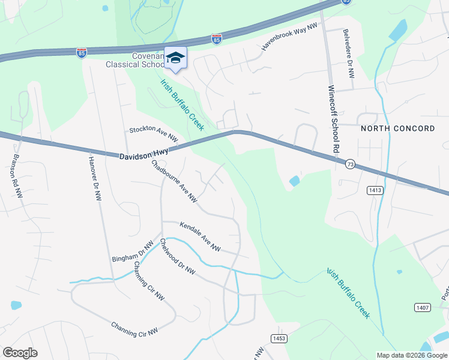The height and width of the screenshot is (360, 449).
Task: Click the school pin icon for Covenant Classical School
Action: [175, 58]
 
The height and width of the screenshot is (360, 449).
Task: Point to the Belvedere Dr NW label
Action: [348, 54]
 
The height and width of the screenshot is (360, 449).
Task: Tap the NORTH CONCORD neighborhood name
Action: [397, 128]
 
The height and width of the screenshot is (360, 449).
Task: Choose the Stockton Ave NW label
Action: [154, 134]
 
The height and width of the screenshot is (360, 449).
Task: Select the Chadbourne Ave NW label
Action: [174, 180]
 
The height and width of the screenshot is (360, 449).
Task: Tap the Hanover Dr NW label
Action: [95, 179]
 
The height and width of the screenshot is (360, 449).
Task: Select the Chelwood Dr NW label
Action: [177, 257]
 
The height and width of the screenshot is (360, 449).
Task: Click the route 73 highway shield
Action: [349, 163]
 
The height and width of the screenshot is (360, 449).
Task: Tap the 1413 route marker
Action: [375, 190]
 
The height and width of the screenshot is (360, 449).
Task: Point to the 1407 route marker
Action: [422, 307]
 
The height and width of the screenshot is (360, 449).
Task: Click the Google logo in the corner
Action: [20, 353]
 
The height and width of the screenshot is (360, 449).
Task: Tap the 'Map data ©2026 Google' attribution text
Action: [412, 355]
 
